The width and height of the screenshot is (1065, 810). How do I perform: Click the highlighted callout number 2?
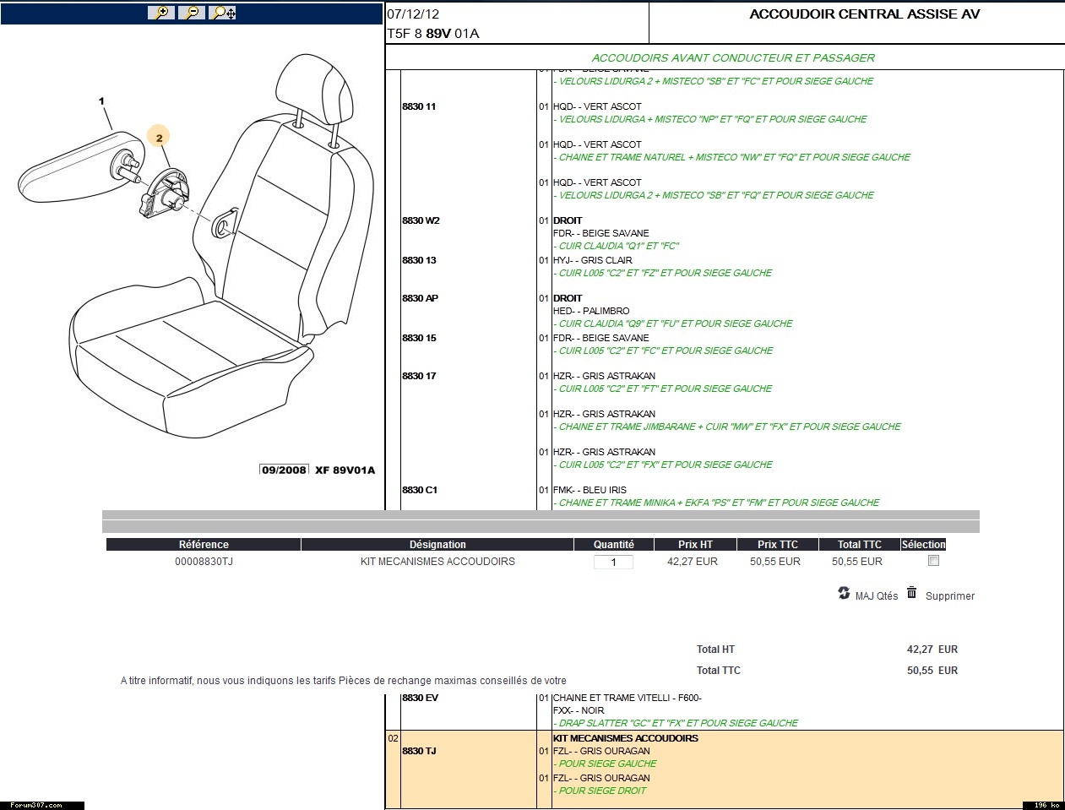click(x=159, y=137)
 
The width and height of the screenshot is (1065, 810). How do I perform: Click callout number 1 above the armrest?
click(x=102, y=101)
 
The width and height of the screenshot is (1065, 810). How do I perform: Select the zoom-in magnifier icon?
click(x=160, y=13)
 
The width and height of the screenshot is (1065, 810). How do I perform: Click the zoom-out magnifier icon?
click(x=192, y=13)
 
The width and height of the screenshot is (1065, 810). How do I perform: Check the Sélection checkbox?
click(x=933, y=561)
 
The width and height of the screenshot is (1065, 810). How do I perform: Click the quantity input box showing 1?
click(x=613, y=563)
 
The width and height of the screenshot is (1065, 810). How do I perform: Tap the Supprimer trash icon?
click(x=912, y=593)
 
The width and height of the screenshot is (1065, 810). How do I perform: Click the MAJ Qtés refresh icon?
click(x=844, y=593)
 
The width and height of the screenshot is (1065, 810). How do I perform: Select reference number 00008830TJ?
click(x=204, y=562)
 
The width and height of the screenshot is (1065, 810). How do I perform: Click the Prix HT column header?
click(x=695, y=545)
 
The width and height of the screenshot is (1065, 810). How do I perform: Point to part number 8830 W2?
click(x=421, y=220)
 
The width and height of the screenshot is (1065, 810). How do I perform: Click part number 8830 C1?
click(x=420, y=490)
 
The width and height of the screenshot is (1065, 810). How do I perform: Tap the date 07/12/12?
click(x=413, y=14)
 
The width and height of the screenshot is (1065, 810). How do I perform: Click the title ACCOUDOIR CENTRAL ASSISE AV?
click(x=864, y=14)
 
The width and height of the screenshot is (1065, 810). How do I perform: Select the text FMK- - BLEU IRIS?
click(x=590, y=490)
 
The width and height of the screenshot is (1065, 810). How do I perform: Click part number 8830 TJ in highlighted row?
click(x=419, y=751)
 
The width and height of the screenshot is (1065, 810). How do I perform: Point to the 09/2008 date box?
click(x=284, y=470)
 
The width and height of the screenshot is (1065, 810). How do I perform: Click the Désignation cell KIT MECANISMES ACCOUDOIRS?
click(x=437, y=562)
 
